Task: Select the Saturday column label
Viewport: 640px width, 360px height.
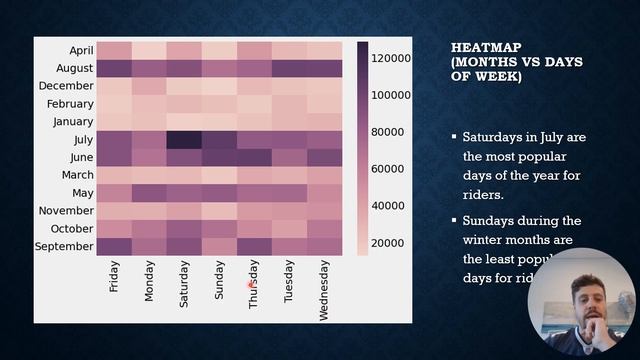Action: [184, 281]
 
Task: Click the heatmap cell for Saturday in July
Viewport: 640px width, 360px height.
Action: [184, 140]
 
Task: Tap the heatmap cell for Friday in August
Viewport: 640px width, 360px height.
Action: [114, 68]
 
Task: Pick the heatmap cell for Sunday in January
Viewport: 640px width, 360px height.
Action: [219, 122]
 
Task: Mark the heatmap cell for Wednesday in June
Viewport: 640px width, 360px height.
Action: [324, 157]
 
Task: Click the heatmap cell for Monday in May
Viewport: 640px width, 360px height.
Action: [149, 193]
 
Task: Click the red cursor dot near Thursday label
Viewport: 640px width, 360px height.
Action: [250, 284]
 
